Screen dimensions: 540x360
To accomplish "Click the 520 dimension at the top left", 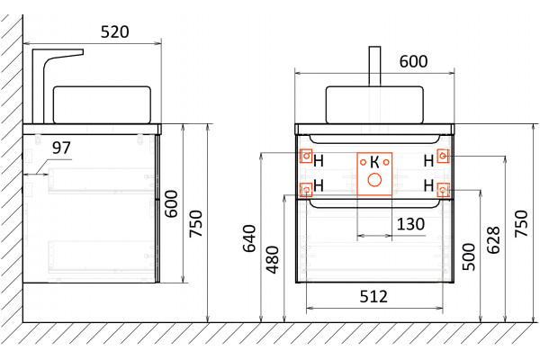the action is click(x=114, y=32).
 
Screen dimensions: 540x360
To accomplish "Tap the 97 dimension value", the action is click(x=61, y=148).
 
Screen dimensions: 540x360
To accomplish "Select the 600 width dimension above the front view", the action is click(x=413, y=61).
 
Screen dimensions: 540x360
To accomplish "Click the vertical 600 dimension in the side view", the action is click(x=171, y=203).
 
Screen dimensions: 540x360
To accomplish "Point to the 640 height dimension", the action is click(x=249, y=238).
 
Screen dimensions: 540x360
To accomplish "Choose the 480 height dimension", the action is click(x=273, y=260).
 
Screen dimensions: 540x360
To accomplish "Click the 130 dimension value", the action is click(x=410, y=224).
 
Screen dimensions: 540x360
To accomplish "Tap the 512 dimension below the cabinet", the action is click(x=373, y=296).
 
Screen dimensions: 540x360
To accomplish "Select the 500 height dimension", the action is click(x=469, y=256).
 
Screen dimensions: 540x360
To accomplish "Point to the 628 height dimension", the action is click(x=493, y=239).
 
